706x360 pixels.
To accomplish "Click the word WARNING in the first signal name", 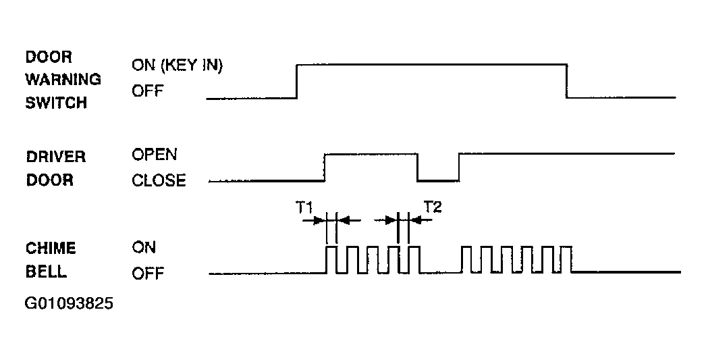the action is tap(63, 79).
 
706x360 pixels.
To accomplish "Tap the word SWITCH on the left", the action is tap(56, 103).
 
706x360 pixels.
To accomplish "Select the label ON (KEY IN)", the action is tap(177, 66).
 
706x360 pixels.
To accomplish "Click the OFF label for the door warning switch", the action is tap(147, 91).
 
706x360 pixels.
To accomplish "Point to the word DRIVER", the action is tap(56, 157).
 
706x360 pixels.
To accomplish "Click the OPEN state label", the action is tap(155, 155).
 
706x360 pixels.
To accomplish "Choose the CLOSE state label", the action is tap(159, 180).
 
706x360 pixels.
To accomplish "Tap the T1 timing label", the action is tap(304, 208).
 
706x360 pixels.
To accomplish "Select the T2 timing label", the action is tap(433, 207).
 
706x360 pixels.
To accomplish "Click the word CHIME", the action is tap(51, 249).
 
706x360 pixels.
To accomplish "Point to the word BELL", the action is tap(46, 272).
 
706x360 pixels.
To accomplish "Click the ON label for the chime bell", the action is tap(144, 247).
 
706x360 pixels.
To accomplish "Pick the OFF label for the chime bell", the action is tap(148, 273).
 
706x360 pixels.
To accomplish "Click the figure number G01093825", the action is tap(69, 303).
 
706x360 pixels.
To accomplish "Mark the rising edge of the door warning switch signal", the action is tap(297, 82).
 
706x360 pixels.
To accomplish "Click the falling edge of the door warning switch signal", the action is tap(566, 81).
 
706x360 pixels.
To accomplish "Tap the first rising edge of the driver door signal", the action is tap(325, 168).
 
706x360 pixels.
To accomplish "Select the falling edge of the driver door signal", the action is tap(417, 168).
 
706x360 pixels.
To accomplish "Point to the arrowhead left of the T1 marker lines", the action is tap(320, 220).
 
